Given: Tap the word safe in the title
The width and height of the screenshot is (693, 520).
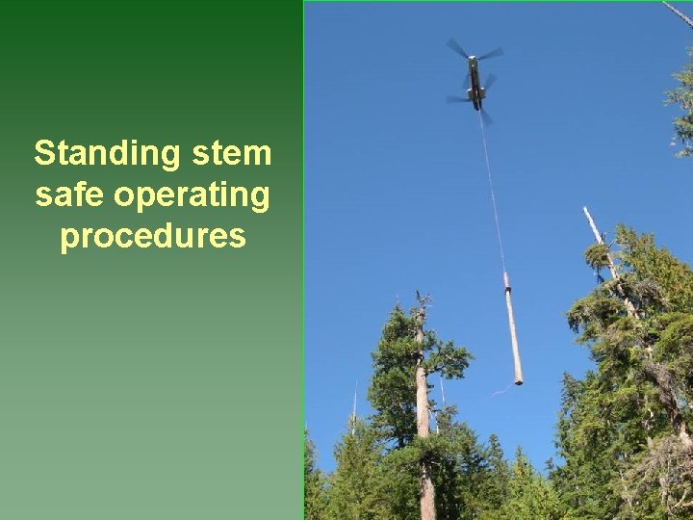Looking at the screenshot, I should (70, 195).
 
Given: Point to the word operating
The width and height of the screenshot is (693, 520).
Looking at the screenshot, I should (192, 195).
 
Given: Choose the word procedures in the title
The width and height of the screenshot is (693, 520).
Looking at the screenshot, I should (153, 236).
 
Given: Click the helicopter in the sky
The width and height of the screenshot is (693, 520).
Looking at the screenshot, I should (475, 82).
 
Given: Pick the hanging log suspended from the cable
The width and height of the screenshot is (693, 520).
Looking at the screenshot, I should (513, 332).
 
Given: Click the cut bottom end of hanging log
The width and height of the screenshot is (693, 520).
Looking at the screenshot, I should (519, 381).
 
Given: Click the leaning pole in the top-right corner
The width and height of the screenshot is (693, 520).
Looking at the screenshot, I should (678, 13).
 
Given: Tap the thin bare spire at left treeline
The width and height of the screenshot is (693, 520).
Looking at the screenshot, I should (354, 400).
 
